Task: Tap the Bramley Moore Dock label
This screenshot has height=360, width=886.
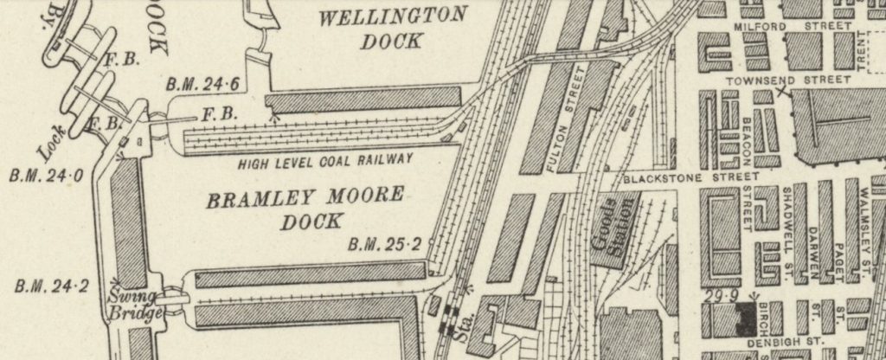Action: tap(305, 208)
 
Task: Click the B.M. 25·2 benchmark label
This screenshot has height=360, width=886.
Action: tap(384, 245)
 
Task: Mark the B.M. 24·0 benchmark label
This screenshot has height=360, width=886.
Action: tap(45, 176)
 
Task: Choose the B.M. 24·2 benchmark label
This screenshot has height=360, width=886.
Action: tap(50, 284)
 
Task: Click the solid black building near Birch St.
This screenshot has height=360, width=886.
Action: tap(744, 318)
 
